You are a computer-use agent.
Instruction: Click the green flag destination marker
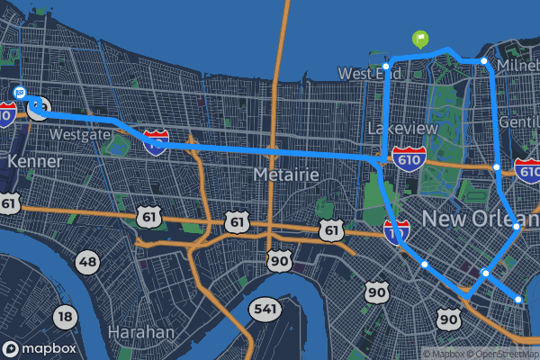click(x=420, y=39)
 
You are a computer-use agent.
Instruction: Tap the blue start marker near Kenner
click(x=20, y=92)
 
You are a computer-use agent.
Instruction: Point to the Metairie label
click(x=287, y=173)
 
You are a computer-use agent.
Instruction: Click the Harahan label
click(x=140, y=332)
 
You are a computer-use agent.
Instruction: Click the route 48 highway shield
click(x=86, y=263)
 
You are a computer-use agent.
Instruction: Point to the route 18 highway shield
click(x=64, y=316)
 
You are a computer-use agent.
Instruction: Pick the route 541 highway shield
click(x=266, y=309)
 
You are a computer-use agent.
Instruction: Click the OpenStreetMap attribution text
click(x=500, y=353)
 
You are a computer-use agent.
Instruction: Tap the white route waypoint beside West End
click(x=386, y=66)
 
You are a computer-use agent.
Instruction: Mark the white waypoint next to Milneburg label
click(x=484, y=61)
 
